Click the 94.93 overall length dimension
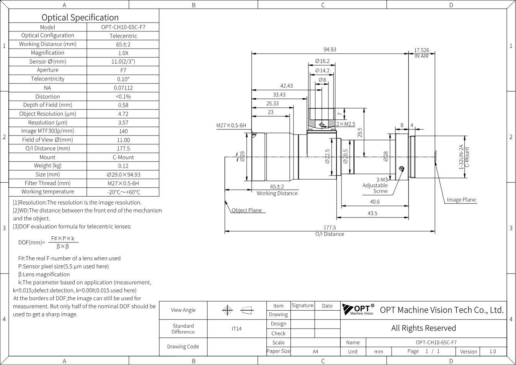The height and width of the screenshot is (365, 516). point(330,49)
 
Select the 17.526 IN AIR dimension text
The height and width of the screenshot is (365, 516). point(421,53)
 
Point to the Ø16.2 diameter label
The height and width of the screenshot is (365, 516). point(322,61)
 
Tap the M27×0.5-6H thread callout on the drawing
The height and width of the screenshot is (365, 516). point(231,126)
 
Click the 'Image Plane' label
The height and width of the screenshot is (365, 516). point(461,200)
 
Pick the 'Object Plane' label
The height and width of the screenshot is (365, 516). point(247,210)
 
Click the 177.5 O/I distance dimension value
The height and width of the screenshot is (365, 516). point(330,228)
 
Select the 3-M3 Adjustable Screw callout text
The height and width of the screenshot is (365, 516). point(375,185)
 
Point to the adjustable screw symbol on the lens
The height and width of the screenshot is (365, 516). point(402,169)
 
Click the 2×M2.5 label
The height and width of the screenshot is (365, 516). point(346,124)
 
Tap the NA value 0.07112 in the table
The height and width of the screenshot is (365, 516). point(123,88)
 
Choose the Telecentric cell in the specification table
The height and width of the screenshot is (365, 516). point(123,36)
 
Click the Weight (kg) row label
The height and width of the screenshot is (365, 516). point(48,166)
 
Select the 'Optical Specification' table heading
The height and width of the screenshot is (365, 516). point(80,18)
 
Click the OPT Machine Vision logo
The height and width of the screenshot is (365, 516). point(358,309)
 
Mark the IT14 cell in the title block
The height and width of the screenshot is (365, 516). point(237,329)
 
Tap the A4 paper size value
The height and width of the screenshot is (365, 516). point(315,352)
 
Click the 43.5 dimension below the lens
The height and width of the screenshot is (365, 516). point(372,213)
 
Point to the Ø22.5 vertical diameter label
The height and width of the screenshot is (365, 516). point(327,157)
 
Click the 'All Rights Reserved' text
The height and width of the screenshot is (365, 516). point(423,328)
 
